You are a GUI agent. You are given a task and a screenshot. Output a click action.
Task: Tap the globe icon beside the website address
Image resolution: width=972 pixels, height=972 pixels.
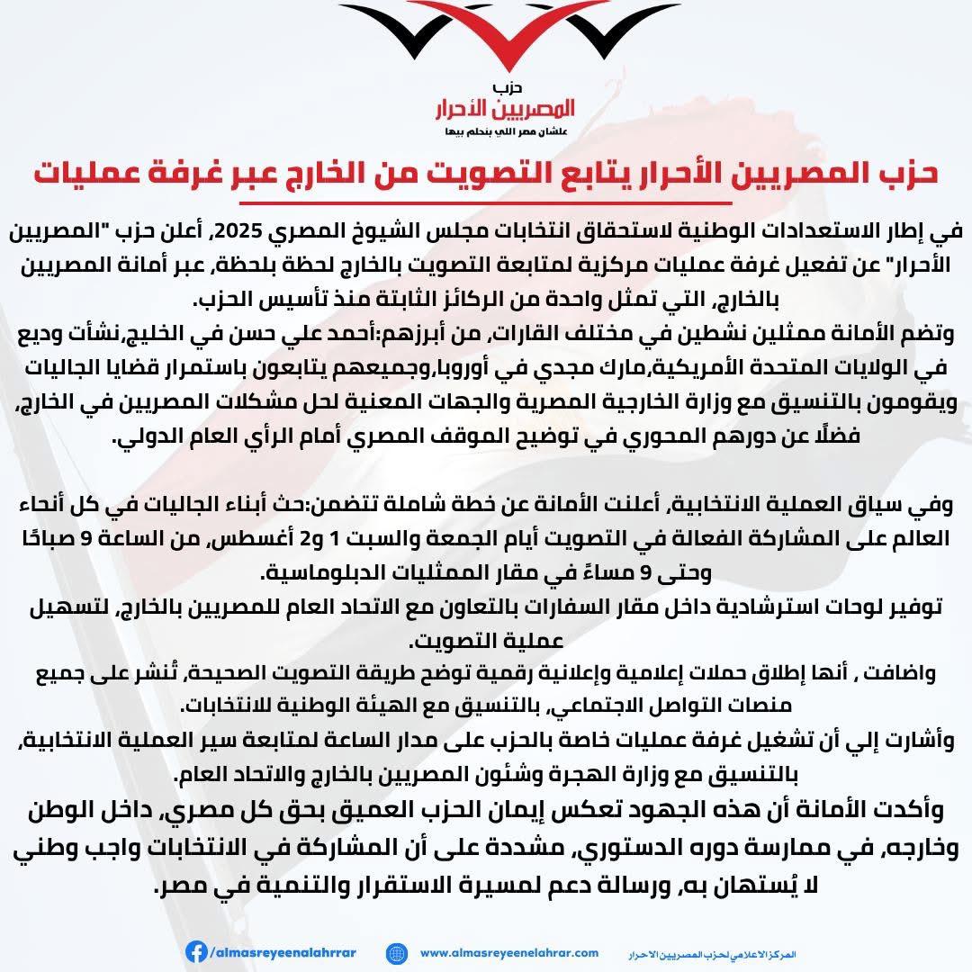coord(395,952)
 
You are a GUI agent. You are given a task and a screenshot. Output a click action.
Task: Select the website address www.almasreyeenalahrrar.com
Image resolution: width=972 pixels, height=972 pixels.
coord(509,952)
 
